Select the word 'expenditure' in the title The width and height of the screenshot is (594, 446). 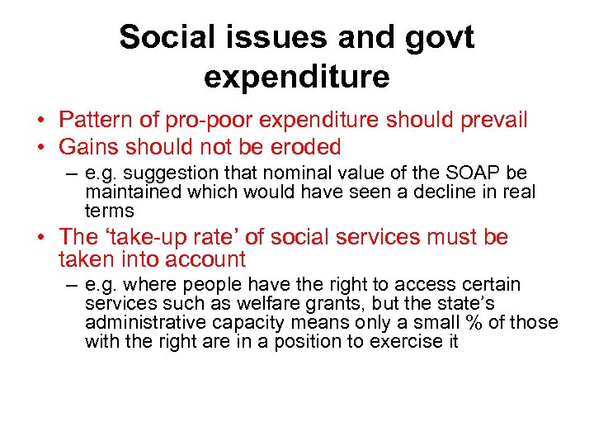[296, 77]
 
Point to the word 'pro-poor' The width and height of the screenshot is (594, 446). [213, 121]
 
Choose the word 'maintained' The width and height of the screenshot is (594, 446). [131, 192]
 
